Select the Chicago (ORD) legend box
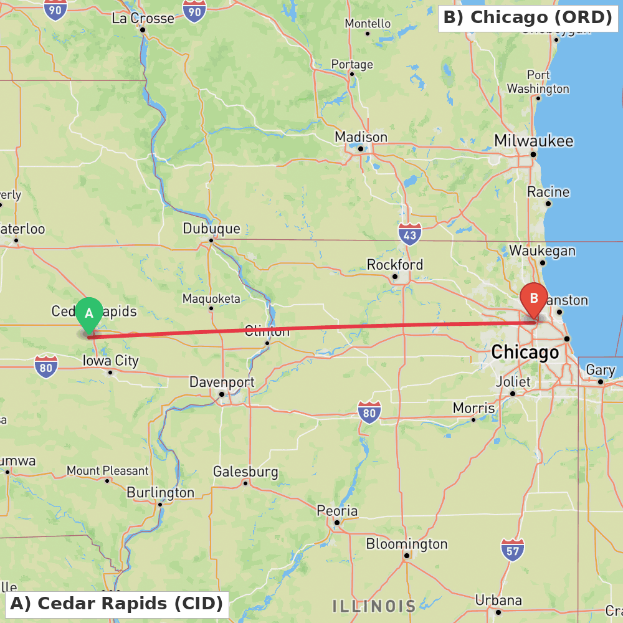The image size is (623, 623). pos(528,17)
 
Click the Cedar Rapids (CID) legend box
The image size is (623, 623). pos(117,604)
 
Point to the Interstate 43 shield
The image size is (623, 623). pos(409,234)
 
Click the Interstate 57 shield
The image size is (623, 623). pos(512,549)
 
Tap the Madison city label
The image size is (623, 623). pos(361,137)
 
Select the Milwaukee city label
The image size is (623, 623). pos(533,141)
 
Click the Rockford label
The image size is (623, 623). pos(395,265)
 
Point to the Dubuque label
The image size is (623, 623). pos(211,229)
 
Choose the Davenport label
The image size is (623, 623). pos(222,382)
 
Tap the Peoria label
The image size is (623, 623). pos(337,511)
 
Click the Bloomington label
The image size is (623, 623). pos(406,544)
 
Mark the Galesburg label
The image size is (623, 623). pos(245,472)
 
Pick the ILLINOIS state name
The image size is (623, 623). pos(374,606)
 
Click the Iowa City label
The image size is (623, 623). pos(111,361)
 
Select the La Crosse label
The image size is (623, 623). pos(143,19)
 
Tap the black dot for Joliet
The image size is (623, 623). pos(513,393)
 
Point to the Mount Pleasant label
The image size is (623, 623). pos(107,471)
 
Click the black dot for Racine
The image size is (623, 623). pos(548,203)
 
